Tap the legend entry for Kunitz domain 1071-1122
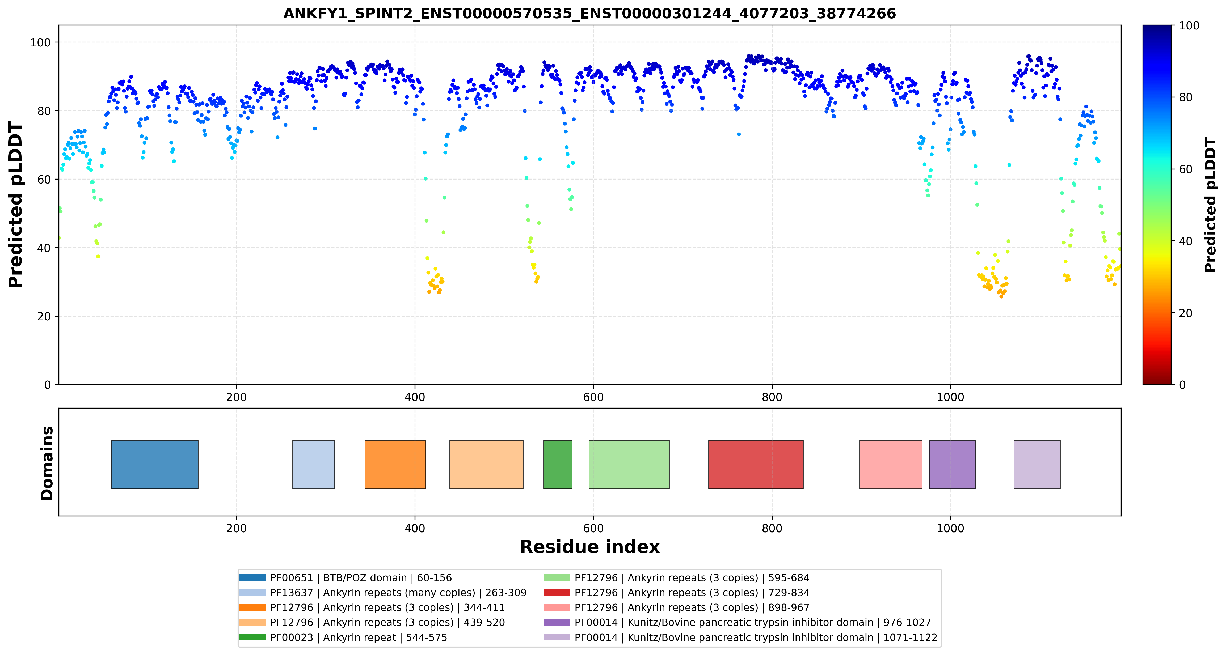(x=740, y=637)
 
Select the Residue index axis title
(x=590, y=547)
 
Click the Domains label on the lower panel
(x=47, y=463)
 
